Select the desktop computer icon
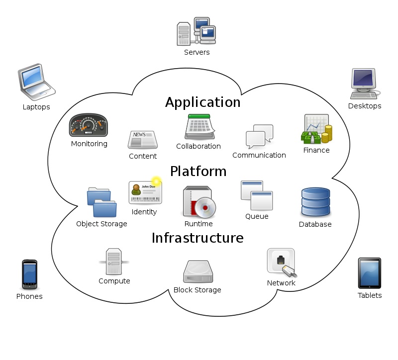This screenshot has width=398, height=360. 365,84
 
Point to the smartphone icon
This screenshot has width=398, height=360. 29,274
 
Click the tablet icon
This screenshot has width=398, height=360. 369,273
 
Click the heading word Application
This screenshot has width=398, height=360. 202,102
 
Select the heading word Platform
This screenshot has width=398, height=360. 198,172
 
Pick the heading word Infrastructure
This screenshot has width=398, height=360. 198,238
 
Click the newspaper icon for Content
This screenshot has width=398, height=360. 143,140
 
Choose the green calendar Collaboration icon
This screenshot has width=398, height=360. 199,127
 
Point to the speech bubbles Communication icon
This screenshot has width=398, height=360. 259,136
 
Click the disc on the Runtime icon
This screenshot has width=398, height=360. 204,208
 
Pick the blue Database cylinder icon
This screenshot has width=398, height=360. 315,202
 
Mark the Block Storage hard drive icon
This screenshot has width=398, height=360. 198,272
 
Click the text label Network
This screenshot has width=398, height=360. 281,283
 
